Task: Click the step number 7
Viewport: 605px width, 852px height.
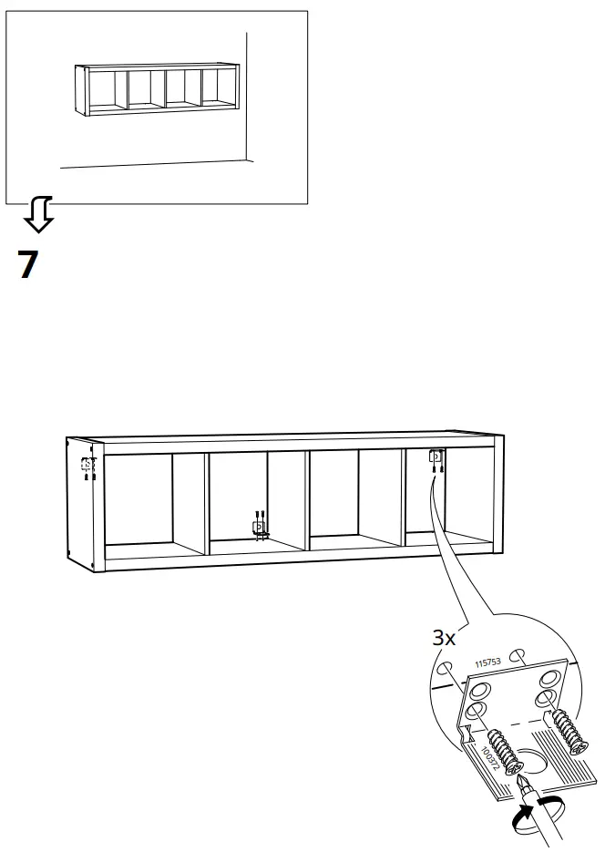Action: click(28, 263)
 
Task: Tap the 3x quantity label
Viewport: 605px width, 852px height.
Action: click(444, 638)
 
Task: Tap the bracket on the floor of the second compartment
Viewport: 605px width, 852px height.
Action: click(259, 526)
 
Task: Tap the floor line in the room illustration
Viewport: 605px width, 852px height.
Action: click(155, 164)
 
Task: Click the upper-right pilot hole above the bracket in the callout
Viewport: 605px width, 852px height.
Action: click(518, 653)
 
